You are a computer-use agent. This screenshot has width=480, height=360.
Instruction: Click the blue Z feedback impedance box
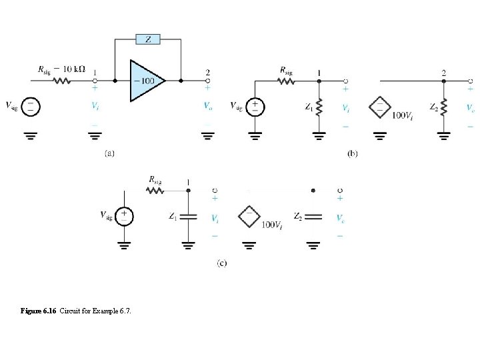pyautogui.click(x=148, y=39)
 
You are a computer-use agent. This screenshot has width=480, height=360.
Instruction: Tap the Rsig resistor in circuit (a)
pyautogui.click(x=62, y=81)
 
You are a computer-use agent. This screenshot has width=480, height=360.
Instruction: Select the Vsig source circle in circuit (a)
pyautogui.click(x=31, y=106)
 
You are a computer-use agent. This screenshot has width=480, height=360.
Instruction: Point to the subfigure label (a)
pyautogui.click(x=109, y=153)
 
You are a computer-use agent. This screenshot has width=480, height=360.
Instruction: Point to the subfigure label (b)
pyautogui.click(x=353, y=153)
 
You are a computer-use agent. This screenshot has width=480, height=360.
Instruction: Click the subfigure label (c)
pyautogui.click(x=221, y=263)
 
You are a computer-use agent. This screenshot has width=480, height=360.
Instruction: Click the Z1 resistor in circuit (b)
pyautogui.click(x=320, y=107)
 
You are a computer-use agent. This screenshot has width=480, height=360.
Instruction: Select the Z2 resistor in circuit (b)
pyautogui.click(x=445, y=107)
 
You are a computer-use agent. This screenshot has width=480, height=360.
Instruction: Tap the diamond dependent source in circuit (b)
pyautogui.click(x=379, y=107)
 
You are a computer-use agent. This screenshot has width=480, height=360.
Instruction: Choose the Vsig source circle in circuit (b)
pyautogui.click(x=254, y=106)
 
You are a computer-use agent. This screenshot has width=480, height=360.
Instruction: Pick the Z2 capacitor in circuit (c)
pyautogui.click(x=313, y=216)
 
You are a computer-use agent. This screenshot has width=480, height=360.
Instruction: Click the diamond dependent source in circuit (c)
pyautogui.click(x=249, y=216)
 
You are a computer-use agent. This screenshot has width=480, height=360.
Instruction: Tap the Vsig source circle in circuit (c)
pyautogui.click(x=124, y=215)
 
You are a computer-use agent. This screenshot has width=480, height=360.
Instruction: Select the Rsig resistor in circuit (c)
pyautogui.click(x=155, y=190)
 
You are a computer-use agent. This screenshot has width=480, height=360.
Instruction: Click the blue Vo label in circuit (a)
pyautogui.click(x=208, y=106)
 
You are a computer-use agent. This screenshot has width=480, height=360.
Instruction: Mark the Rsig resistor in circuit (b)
pyautogui.click(x=286, y=81)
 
